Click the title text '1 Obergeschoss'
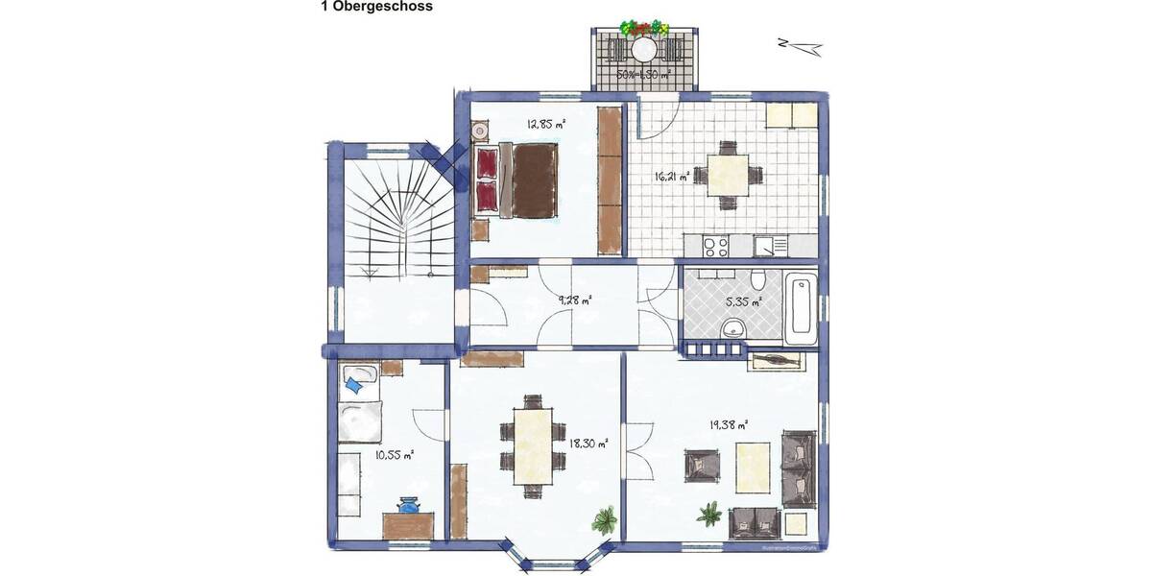pyautogui.click(x=376, y=7)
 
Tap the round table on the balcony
pyautogui.click(x=642, y=49)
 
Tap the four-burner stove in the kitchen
pyautogui.click(x=714, y=247)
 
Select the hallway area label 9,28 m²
pyautogui.click(x=574, y=300)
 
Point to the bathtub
pyautogui.click(x=801, y=309)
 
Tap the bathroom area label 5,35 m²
pyautogui.click(x=743, y=301)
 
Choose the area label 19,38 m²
pyautogui.click(x=729, y=423)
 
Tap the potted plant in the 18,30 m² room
pyautogui.click(x=604, y=521)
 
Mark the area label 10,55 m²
pyautogui.click(x=394, y=455)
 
